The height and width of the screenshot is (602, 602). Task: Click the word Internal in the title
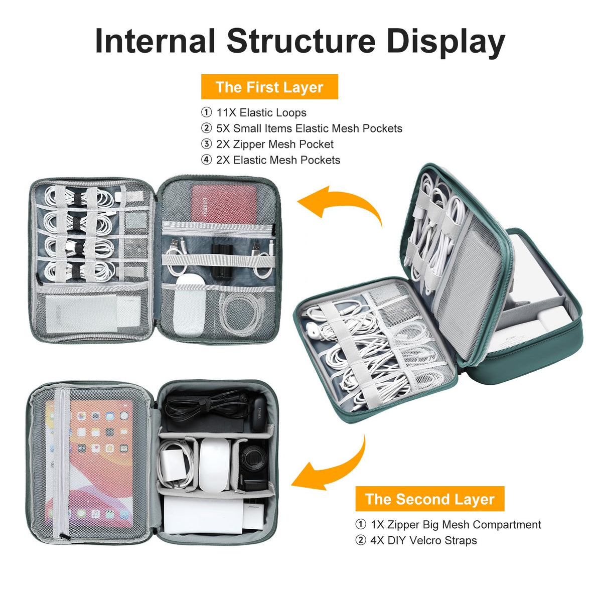(x=155, y=41)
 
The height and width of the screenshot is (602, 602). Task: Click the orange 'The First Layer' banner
(x=269, y=86)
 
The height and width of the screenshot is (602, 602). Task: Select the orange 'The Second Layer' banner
(x=429, y=499)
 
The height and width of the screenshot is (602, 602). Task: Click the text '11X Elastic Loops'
(x=261, y=112)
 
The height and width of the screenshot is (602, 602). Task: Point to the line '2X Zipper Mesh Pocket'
(x=274, y=144)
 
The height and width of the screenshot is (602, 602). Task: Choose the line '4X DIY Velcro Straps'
(x=423, y=540)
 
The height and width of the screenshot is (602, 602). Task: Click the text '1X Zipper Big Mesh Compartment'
(x=456, y=525)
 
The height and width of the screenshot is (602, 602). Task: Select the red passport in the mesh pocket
(x=224, y=204)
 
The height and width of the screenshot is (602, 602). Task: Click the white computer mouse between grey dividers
(x=214, y=465)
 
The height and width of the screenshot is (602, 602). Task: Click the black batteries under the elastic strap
(x=222, y=260)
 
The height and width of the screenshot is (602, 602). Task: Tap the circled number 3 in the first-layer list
(x=206, y=144)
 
